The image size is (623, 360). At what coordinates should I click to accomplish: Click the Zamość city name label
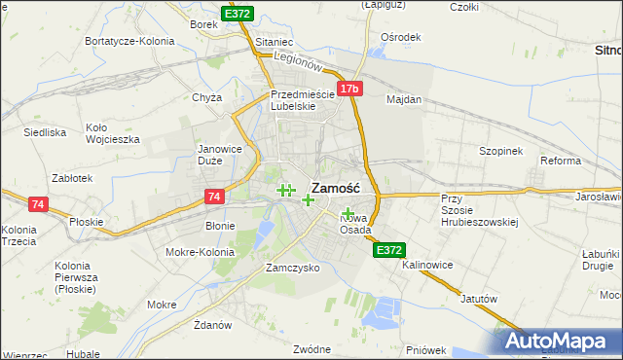[x=336, y=188]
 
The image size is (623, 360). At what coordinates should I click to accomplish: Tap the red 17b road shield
[x=350, y=89]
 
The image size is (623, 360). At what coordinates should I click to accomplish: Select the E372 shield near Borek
[x=237, y=14]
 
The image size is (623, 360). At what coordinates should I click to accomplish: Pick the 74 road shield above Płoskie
[x=38, y=204]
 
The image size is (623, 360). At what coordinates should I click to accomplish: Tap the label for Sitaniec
[x=274, y=44]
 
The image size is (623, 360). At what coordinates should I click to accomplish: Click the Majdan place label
[x=404, y=99]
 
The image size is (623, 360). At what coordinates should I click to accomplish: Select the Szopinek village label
[x=501, y=151]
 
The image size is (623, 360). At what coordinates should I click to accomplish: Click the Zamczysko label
[x=293, y=268]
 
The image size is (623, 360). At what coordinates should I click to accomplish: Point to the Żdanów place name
[x=211, y=324]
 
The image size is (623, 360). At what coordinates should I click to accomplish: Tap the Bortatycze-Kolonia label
[x=129, y=41]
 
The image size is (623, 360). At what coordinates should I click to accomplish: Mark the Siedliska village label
[x=44, y=131]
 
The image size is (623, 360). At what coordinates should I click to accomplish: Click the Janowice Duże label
[x=219, y=155]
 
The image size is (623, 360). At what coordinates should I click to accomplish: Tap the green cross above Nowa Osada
[x=348, y=212]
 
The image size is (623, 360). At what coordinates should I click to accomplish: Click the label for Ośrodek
[x=401, y=37]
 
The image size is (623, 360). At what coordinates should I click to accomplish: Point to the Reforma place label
[x=561, y=161]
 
